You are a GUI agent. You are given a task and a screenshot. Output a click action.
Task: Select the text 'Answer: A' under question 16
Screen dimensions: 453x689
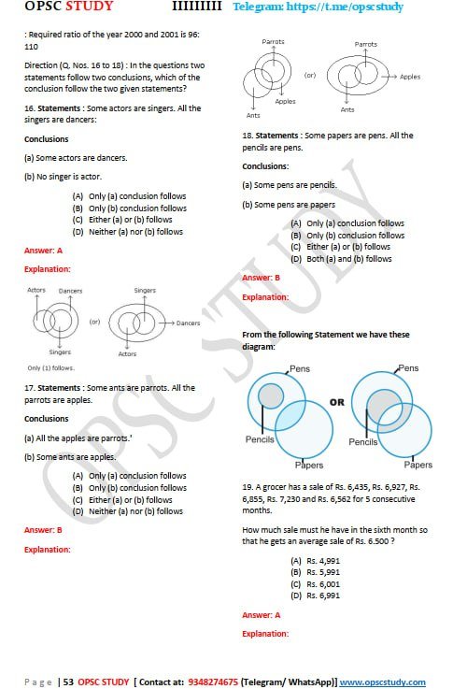point(43,251)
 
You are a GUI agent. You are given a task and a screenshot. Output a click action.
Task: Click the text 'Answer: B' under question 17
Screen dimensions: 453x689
point(43,530)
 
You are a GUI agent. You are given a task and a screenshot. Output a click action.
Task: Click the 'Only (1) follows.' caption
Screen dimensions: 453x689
point(47,367)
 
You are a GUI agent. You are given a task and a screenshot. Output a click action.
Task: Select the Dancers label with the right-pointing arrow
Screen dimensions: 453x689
point(189,323)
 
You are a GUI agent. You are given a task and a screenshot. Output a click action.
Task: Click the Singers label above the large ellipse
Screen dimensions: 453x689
point(145,291)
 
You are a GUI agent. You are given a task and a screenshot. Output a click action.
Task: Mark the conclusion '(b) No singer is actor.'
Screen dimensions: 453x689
point(62,176)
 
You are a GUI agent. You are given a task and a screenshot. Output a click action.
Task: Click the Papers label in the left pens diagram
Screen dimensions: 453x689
point(308,465)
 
